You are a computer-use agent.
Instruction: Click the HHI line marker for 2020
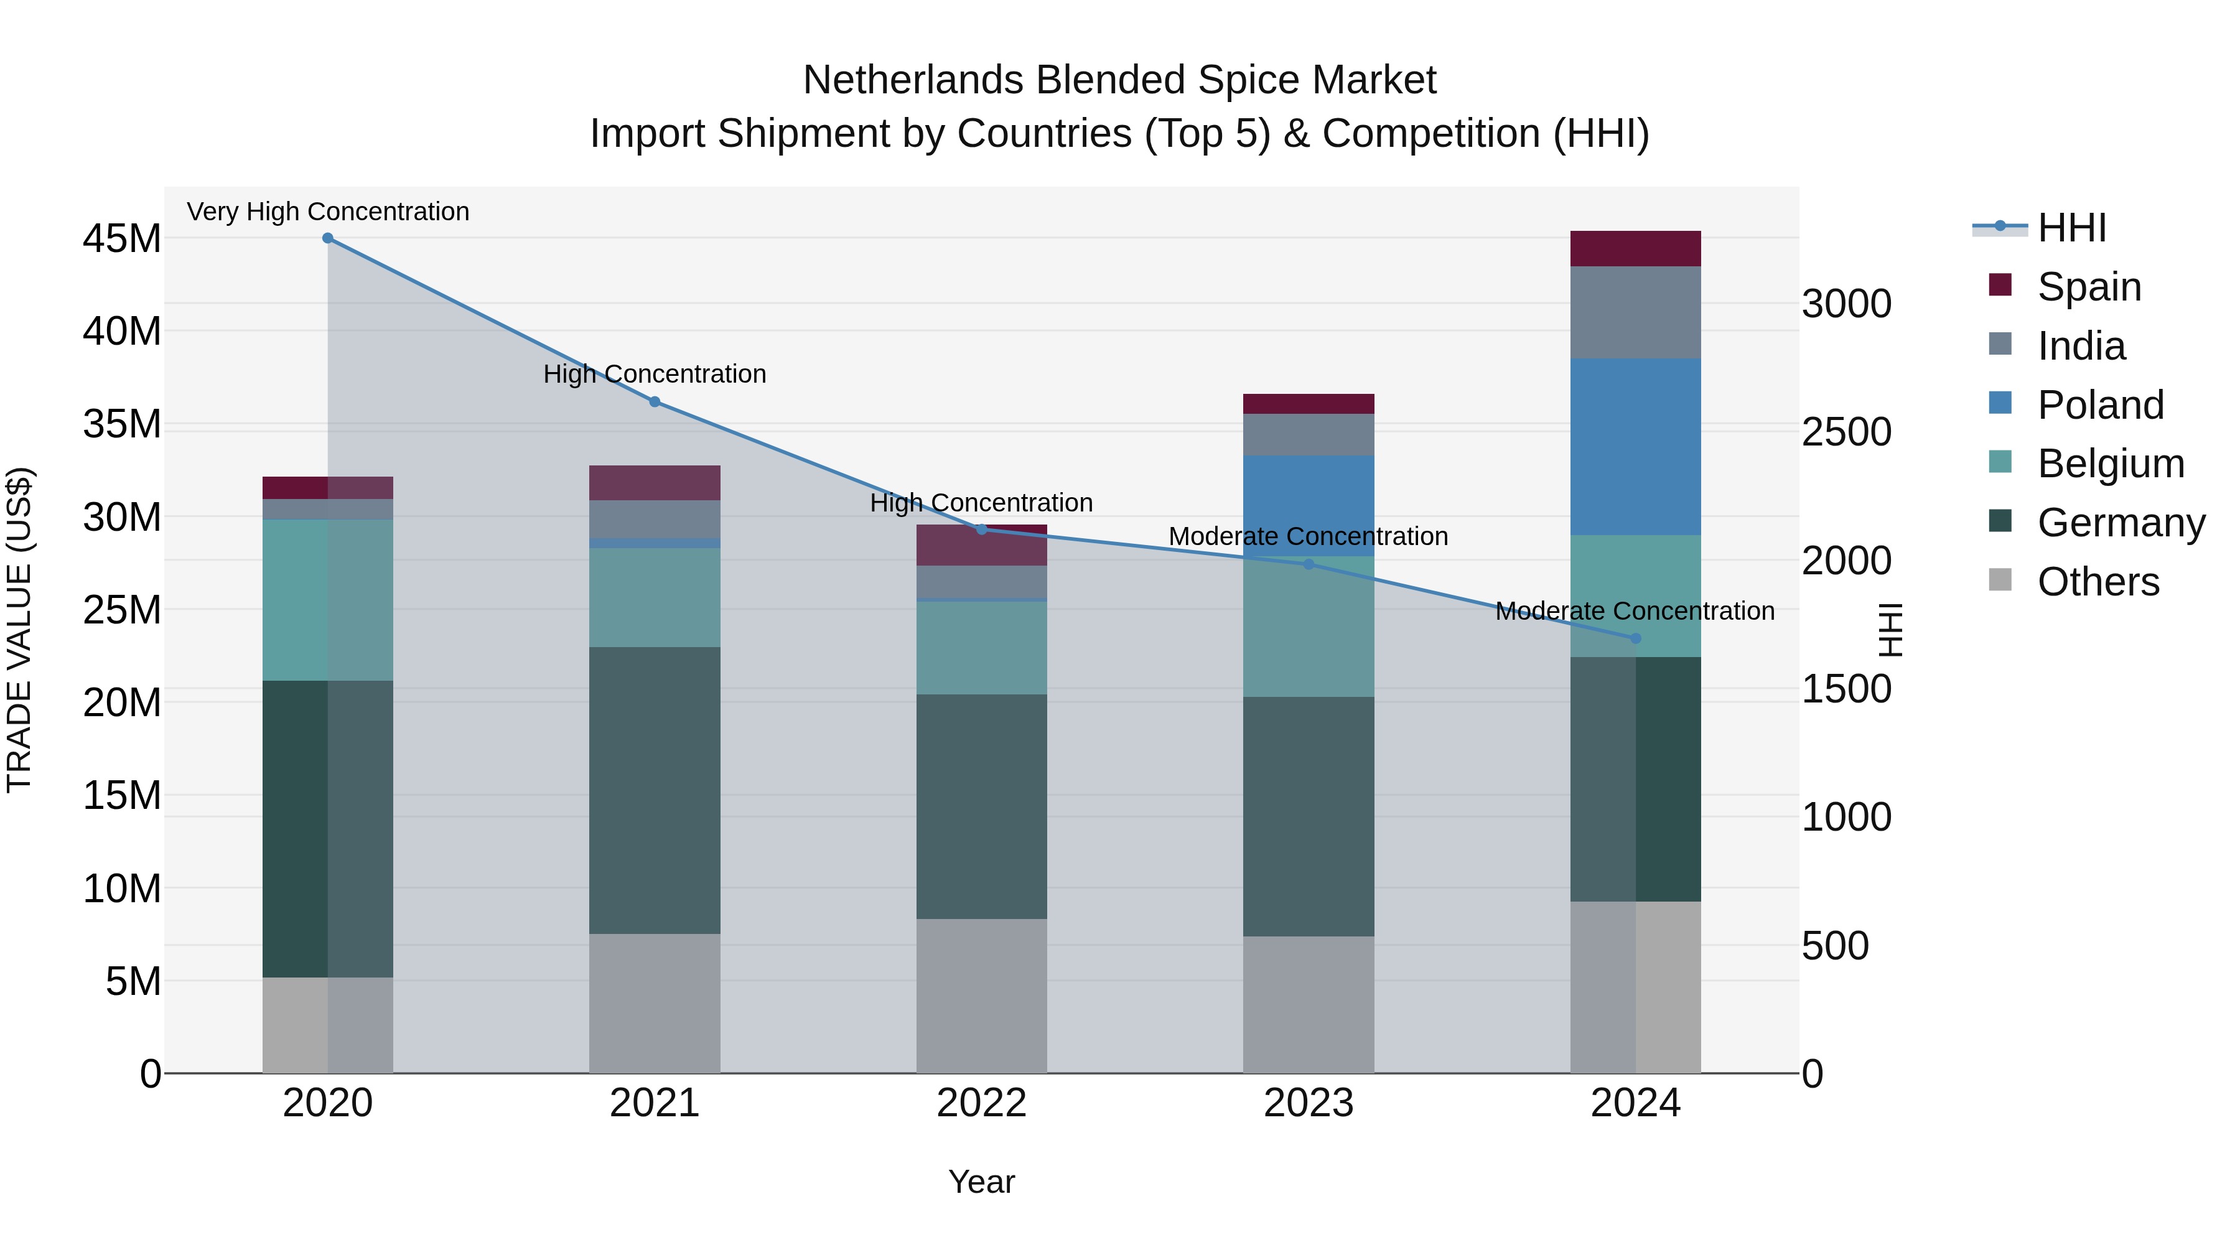(328, 238)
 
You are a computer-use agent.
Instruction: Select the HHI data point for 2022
(982, 529)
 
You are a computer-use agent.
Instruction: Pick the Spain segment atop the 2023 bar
(1308, 403)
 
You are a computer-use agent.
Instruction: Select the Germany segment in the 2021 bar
(655, 790)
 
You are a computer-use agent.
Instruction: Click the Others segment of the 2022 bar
(982, 995)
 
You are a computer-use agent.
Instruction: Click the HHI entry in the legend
(2071, 228)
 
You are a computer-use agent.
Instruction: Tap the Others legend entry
(2098, 582)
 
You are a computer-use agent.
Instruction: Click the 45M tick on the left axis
(122, 238)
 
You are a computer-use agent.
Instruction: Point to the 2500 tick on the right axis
(1846, 432)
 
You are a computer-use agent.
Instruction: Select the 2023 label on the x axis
(1308, 1103)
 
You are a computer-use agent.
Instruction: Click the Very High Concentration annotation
(328, 212)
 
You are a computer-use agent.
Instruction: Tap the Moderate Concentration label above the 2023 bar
(1308, 536)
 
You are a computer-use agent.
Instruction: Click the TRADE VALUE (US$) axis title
(20, 630)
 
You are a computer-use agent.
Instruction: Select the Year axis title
(982, 1182)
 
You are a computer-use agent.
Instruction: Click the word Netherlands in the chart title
(912, 80)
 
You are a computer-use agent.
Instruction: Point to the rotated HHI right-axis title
(1890, 630)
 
